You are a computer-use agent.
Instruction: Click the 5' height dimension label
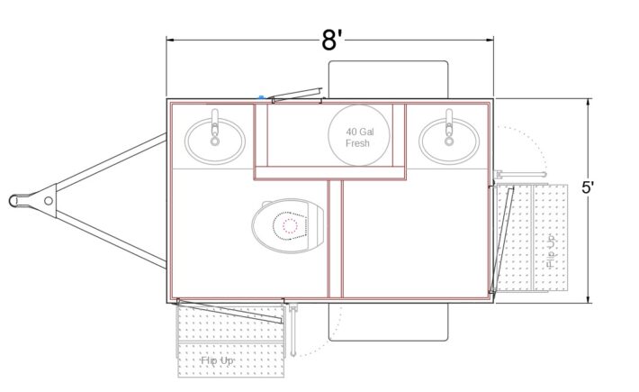pyautogui.click(x=587, y=187)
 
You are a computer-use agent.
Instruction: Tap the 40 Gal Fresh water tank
pyautogui.click(x=358, y=135)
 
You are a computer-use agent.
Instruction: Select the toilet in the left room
pyautogui.click(x=288, y=225)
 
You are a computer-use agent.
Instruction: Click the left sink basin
pyautogui.click(x=215, y=141)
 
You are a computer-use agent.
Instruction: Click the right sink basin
pyautogui.click(x=449, y=141)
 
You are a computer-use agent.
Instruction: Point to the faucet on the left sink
pyautogui.click(x=215, y=127)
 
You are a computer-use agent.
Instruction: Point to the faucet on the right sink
pyautogui.click(x=449, y=127)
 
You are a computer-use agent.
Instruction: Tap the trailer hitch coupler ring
pyautogui.click(x=13, y=201)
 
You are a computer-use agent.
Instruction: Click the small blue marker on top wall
pyautogui.click(x=261, y=97)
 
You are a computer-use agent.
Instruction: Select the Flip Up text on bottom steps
pyautogui.click(x=218, y=361)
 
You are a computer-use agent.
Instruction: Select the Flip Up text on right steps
pyautogui.click(x=551, y=251)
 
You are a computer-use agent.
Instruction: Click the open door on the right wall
pyautogui.click(x=502, y=239)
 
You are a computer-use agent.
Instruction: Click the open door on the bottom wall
pyautogui.click(x=230, y=311)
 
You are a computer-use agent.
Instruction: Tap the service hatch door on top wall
pyautogui.click(x=297, y=95)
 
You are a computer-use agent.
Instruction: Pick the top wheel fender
pyautogui.click(x=389, y=79)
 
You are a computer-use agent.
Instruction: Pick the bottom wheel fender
pyautogui.click(x=389, y=323)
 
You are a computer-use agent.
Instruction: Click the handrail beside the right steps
pyautogui.click(x=520, y=174)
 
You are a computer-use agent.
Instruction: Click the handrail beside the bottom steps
pyautogui.click(x=293, y=330)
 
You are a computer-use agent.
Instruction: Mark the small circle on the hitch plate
pyautogui.click(x=49, y=201)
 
